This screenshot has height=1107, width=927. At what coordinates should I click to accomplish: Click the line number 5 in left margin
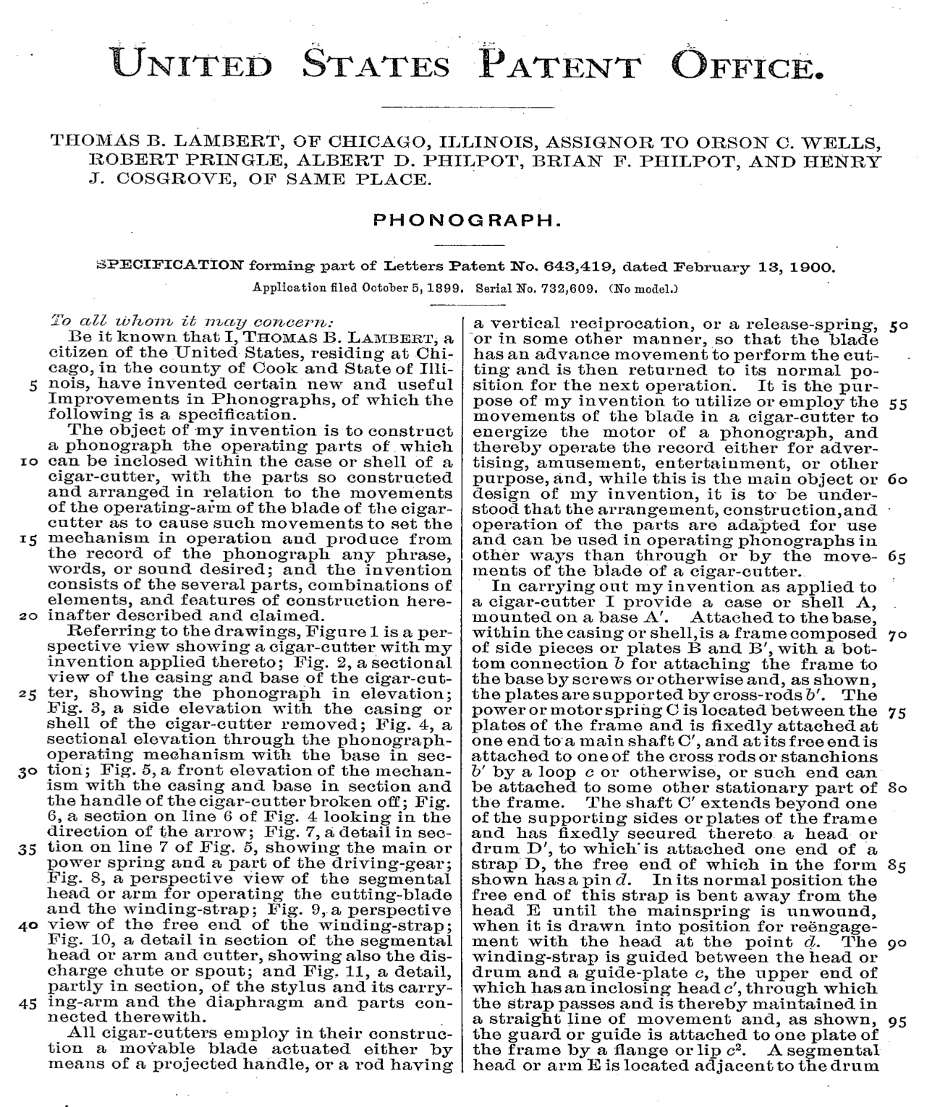(x=34, y=384)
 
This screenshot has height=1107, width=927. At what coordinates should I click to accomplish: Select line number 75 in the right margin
(x=898, y=711)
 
